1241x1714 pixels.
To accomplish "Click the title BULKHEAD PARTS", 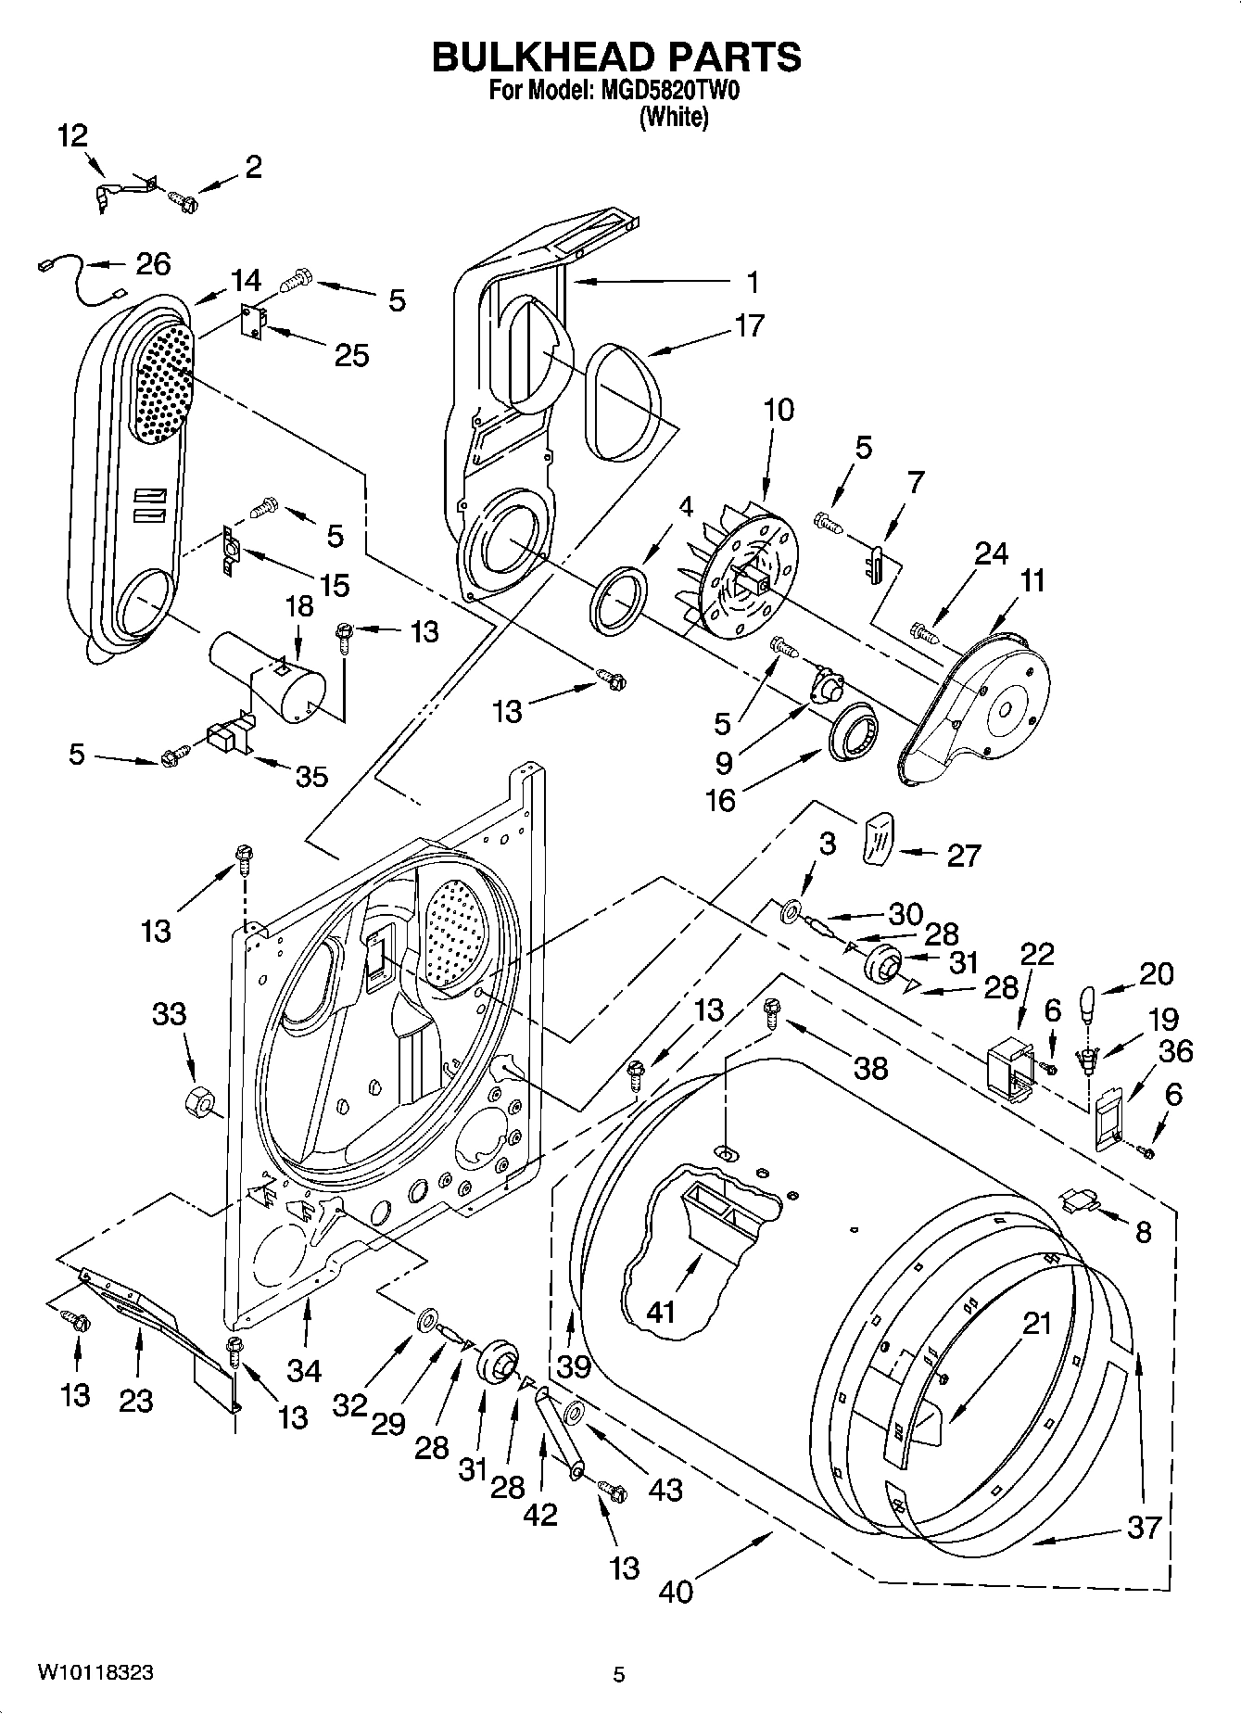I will tap(616, 57).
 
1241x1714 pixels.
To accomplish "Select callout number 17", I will tap(749, 326).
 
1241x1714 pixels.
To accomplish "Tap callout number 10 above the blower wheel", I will tap(779, 409).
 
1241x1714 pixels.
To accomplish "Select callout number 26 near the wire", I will tap(153, 264).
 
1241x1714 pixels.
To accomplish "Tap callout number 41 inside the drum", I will tap(661, 1312).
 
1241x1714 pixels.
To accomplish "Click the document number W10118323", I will tap(95, 1672).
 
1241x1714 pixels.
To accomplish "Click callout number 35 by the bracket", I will tap(311, 776).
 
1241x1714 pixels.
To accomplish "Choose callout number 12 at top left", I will tap(72, 135).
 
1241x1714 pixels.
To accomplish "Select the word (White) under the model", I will tap(674, 118).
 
